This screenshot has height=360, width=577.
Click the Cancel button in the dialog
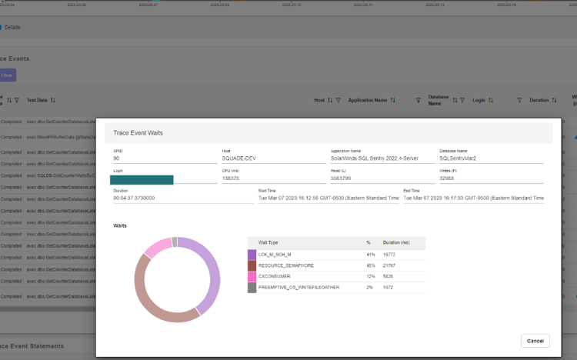point(535,341)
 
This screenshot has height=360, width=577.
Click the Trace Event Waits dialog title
point(138,133)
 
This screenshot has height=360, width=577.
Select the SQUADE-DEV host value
point(238,158)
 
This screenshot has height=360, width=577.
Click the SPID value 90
point(116,158)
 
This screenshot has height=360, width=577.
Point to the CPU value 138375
point(231,178)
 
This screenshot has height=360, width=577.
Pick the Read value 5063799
point(342,178)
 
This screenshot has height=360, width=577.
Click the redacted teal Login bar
point(142,179)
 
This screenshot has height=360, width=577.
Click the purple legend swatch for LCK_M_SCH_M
point(252,254)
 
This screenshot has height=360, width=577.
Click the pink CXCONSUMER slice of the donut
point(157,248)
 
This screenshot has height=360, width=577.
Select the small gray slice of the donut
point(175,242)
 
